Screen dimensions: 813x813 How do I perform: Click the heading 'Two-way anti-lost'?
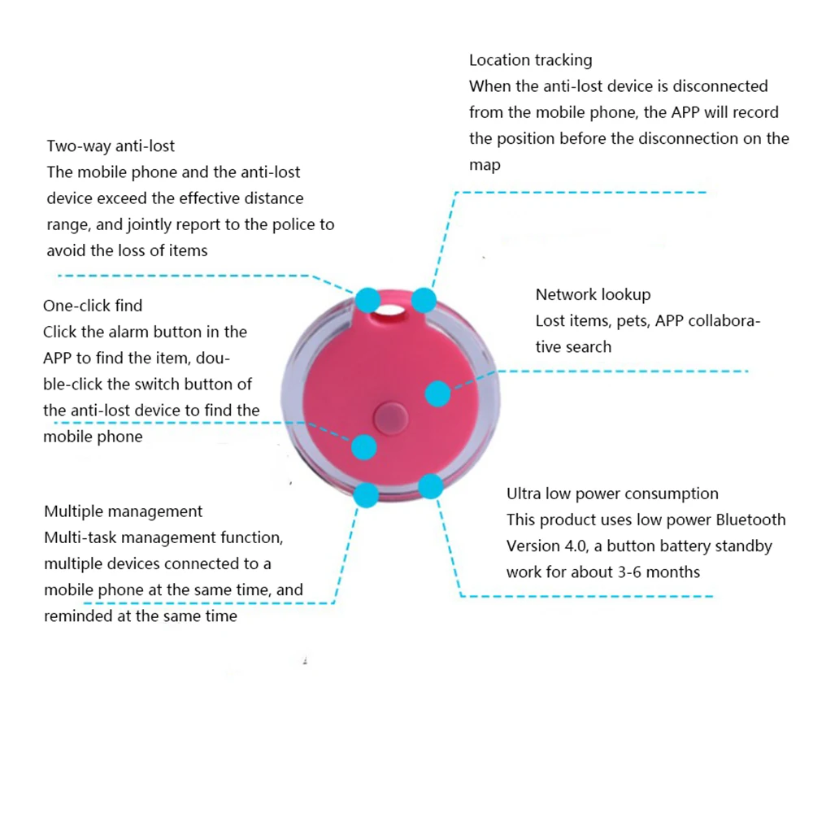click(111, 146)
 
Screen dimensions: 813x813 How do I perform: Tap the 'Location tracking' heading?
click(530, 60)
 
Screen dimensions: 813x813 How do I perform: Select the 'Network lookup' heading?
click(593, 294)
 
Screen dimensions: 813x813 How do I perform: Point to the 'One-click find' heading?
click(93, 306)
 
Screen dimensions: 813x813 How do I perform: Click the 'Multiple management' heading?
click(124, 511)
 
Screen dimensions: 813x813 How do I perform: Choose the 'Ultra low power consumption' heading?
click(612, 493)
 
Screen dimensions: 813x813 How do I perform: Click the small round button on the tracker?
click(389, 417)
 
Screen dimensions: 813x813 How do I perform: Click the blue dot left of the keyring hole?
click(367, 299)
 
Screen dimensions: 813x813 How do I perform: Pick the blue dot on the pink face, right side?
click(437, 393)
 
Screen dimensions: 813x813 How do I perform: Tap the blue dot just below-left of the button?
click(363, 446)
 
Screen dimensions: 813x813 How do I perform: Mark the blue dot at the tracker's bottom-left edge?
click(367, 494)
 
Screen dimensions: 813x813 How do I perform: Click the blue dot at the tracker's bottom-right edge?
click(430, 487)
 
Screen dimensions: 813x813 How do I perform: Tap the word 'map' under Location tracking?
click(485, 164)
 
